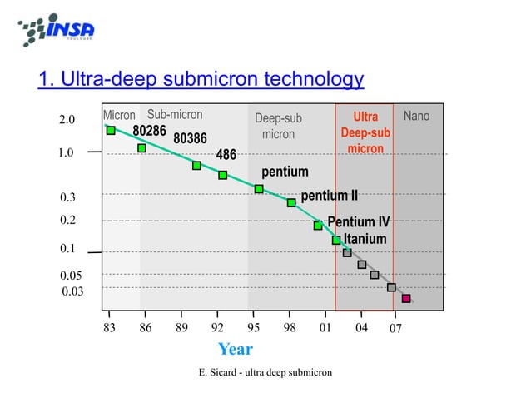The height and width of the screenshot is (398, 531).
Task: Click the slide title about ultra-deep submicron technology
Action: (201, 80)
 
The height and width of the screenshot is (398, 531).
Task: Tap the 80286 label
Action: (150, 131)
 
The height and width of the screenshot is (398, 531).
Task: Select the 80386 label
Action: (190, 137)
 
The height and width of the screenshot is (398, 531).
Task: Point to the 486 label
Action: (226, 155)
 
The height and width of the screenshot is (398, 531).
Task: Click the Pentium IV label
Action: (358, 222)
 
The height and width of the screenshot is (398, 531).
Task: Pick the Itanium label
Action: (365, 239)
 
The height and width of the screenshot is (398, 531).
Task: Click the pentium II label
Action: (329, 196)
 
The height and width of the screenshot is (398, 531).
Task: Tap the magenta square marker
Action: (406, 298)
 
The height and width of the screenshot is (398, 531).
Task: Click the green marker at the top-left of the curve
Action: (111, 130)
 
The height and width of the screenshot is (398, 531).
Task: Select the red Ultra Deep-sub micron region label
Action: (365, 132)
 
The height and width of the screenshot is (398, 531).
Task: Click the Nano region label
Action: (416, 117)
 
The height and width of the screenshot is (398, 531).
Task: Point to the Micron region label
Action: (119, 116)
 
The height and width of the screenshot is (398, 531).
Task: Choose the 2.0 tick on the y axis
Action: (67, 121)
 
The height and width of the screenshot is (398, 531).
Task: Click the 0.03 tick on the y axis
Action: (72, 291)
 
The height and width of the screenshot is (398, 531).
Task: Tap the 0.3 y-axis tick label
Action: (67, 197)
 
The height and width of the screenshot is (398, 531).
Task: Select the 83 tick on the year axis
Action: (109, 328)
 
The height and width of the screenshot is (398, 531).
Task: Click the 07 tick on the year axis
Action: (396, 329)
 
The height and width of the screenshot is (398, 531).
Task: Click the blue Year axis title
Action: (235, 349)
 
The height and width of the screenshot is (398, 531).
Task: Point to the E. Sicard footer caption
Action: (265, 371)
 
